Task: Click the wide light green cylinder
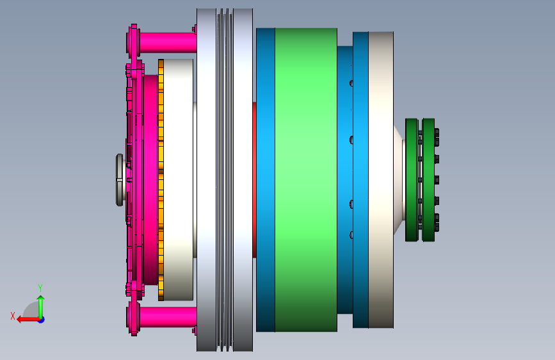tap(306, 180)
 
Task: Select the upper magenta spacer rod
tap(168, 42)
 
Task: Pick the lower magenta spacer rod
tap(168, 317)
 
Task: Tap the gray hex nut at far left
tap(120, 179)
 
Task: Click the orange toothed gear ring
tap(161, 180)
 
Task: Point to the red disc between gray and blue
tap(255, 180)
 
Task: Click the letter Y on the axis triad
tap(40, 288)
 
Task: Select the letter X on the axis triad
tap(13, 316)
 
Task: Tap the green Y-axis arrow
tap(41, 307)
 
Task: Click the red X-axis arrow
tap(29, 320)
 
